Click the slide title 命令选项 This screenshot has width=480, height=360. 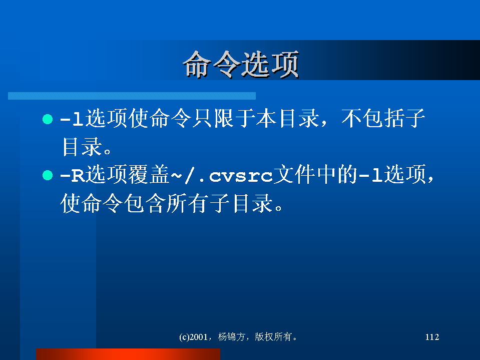tap(241, 65)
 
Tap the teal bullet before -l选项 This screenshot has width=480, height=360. tap(48, 119)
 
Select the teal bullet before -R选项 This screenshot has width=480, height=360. tap(48, 175)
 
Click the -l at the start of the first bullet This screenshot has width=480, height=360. tap(72, 119)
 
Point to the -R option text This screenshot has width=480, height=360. tap(72, 176)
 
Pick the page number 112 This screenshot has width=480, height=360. tap(432, 337)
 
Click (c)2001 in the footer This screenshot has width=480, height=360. tap(193, 337)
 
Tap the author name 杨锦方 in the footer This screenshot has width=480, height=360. tap(231, 337)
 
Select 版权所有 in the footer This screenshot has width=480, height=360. tap(273, 337)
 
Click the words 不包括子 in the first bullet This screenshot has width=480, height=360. tap(383, 118)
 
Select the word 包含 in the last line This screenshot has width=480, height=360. tap(145, 203)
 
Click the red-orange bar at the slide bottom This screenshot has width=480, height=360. tap(128, 354)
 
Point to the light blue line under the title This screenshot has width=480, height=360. tap(132, 96)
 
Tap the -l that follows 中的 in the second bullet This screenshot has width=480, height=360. tap(371, 175)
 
